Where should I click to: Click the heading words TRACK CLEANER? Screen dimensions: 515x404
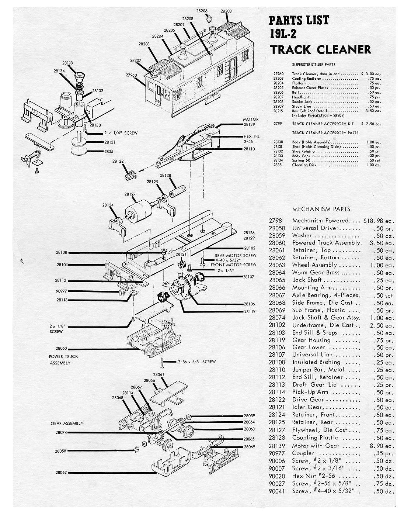[320, 49]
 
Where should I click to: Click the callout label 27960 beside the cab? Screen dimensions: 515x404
[132, 75]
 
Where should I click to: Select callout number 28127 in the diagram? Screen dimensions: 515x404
[130, 194]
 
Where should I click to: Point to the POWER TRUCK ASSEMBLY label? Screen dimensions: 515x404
[63, 359]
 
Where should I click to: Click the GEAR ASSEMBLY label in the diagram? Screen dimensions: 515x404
[67, 423]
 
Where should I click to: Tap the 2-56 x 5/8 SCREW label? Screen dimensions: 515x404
[196, 362]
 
